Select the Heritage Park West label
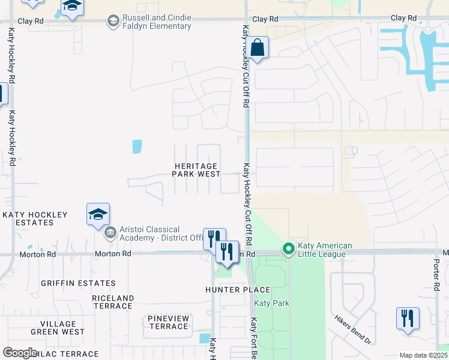196,169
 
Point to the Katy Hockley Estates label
28,218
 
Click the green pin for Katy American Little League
289,248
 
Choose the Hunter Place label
238,290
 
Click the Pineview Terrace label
169,322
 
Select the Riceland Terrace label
113,302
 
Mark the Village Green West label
58,328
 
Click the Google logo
20,353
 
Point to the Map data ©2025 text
424,355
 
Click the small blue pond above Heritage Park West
137,146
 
